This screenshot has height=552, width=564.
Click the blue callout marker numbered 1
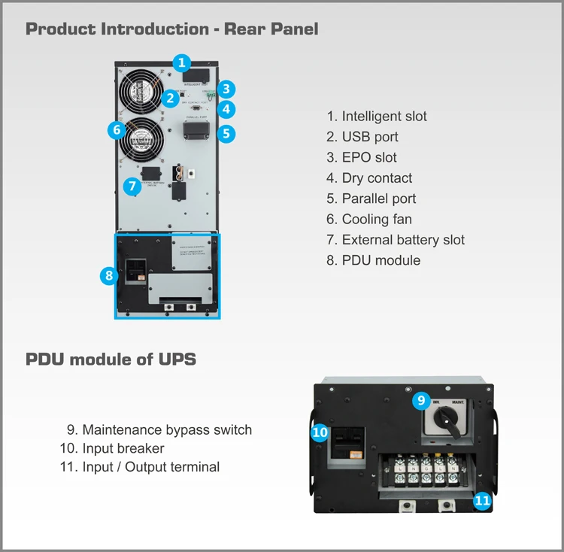181,62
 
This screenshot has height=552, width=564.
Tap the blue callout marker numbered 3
226,89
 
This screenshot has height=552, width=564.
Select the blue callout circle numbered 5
226,134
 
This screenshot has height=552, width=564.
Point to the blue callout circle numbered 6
116,129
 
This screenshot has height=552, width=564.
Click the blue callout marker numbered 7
131,186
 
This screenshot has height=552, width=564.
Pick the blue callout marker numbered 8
109,276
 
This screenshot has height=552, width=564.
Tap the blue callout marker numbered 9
422,401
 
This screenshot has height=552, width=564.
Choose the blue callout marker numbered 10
320,432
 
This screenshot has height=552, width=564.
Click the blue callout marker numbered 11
482,499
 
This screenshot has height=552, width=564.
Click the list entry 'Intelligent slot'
377,117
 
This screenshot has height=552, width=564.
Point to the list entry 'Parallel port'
371,199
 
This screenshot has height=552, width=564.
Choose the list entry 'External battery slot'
396,240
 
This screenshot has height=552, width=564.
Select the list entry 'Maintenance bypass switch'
159,430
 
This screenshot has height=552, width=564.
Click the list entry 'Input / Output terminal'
139,467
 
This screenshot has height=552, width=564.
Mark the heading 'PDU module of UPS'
111,359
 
